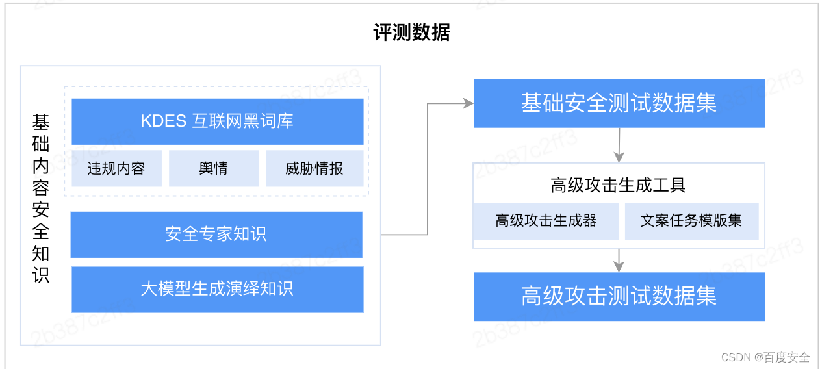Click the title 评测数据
pos(411,32)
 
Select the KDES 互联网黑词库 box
pos(217,121)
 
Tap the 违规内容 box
pos(116,169)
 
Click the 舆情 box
pos(214,169)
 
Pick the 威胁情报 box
pos(314,169)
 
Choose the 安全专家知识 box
pos(216,235)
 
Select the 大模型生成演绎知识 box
pos(217,289)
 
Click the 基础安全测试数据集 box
pos(619,103)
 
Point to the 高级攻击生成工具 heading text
pos(618,186)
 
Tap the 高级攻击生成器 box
pos(546,221)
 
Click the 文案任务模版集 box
pos(691,221)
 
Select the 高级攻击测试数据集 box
pos(619,296)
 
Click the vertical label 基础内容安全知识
pos(41,198)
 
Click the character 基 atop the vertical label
pos(41,121)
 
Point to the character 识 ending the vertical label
pos(41,275)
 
